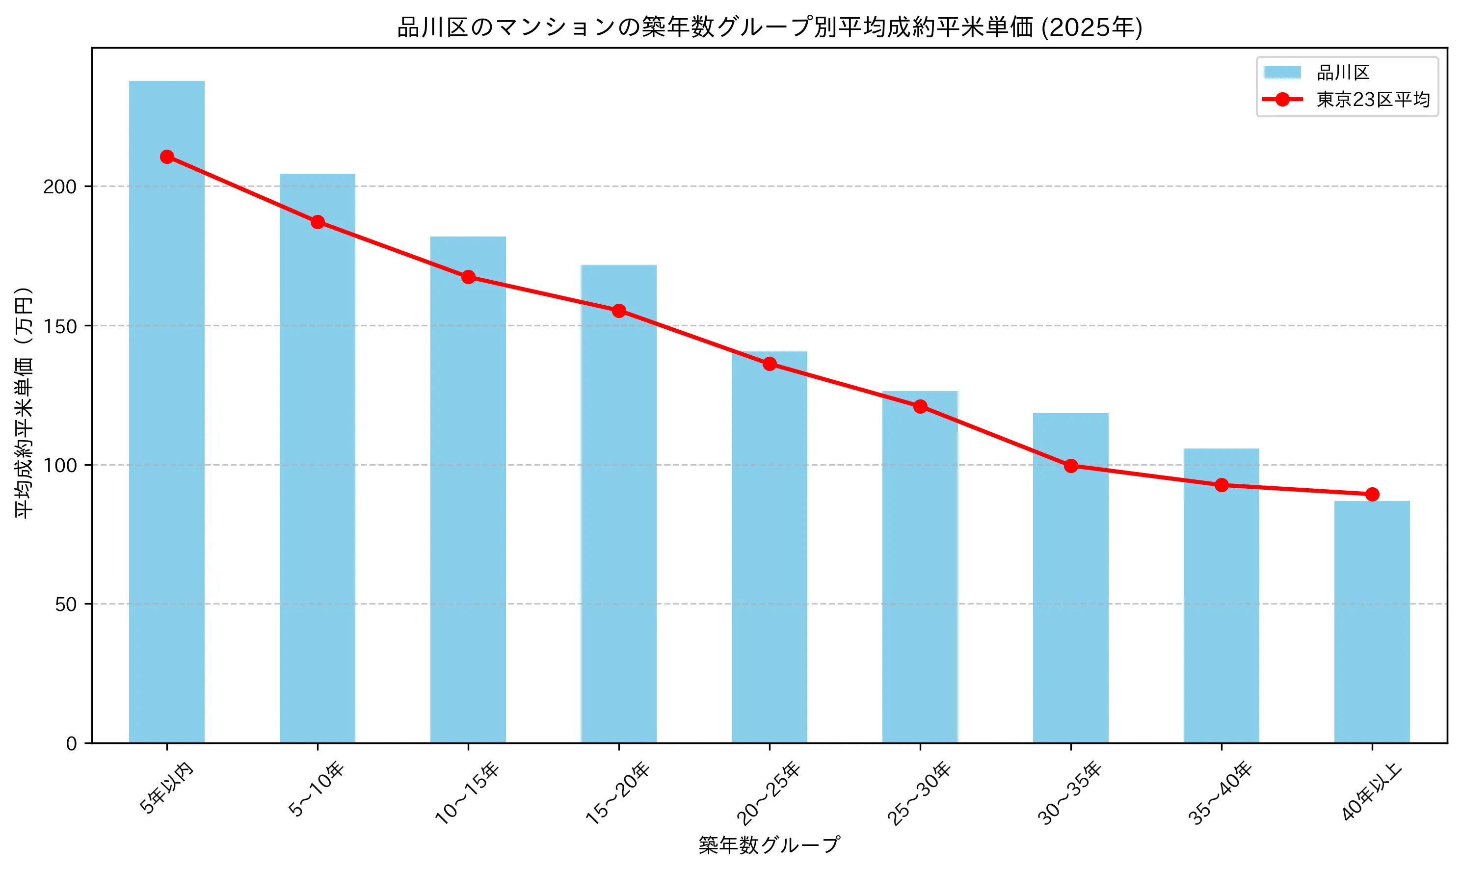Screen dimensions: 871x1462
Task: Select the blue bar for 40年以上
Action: tap(1372, 622)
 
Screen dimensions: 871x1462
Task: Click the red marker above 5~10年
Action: tap(318, 222)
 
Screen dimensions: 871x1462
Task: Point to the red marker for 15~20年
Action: tap(618, 311)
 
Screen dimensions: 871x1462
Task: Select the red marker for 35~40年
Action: tap(1222, 485)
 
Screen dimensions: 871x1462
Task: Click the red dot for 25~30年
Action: tap(920, 406)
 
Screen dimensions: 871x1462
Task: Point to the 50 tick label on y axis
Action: tap(66, 605)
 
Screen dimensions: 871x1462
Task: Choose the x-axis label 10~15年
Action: tap(467, 793)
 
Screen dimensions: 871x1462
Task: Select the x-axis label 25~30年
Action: tap(919, 793)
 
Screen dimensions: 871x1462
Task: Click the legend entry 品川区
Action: tap(1343, 73)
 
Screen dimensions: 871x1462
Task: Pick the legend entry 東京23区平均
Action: tap(1372, 100)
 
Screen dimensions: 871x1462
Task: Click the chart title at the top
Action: tap(769, 27)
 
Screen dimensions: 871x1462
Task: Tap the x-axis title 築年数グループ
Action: tap(769, 845)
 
